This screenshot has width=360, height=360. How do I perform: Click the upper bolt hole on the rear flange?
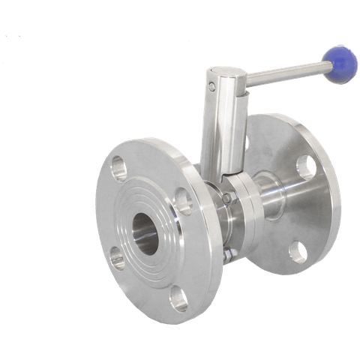tap(309, 165)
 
